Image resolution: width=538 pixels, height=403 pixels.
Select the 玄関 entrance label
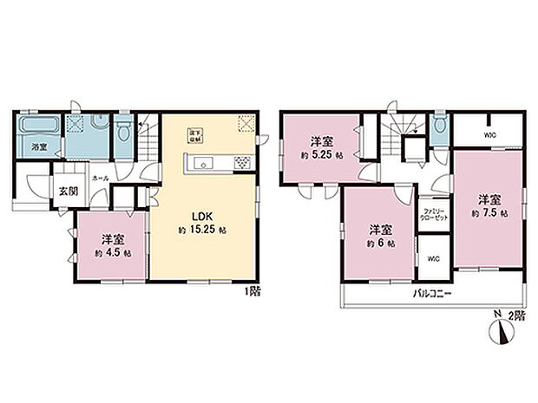pos(68,192)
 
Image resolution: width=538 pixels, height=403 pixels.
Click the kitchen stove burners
pos(241,162)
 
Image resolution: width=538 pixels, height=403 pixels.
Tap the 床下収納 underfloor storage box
pos(197,134)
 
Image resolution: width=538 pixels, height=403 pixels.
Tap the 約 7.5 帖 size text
pos(489,212)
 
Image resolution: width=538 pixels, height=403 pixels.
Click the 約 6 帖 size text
pos(379,244)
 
